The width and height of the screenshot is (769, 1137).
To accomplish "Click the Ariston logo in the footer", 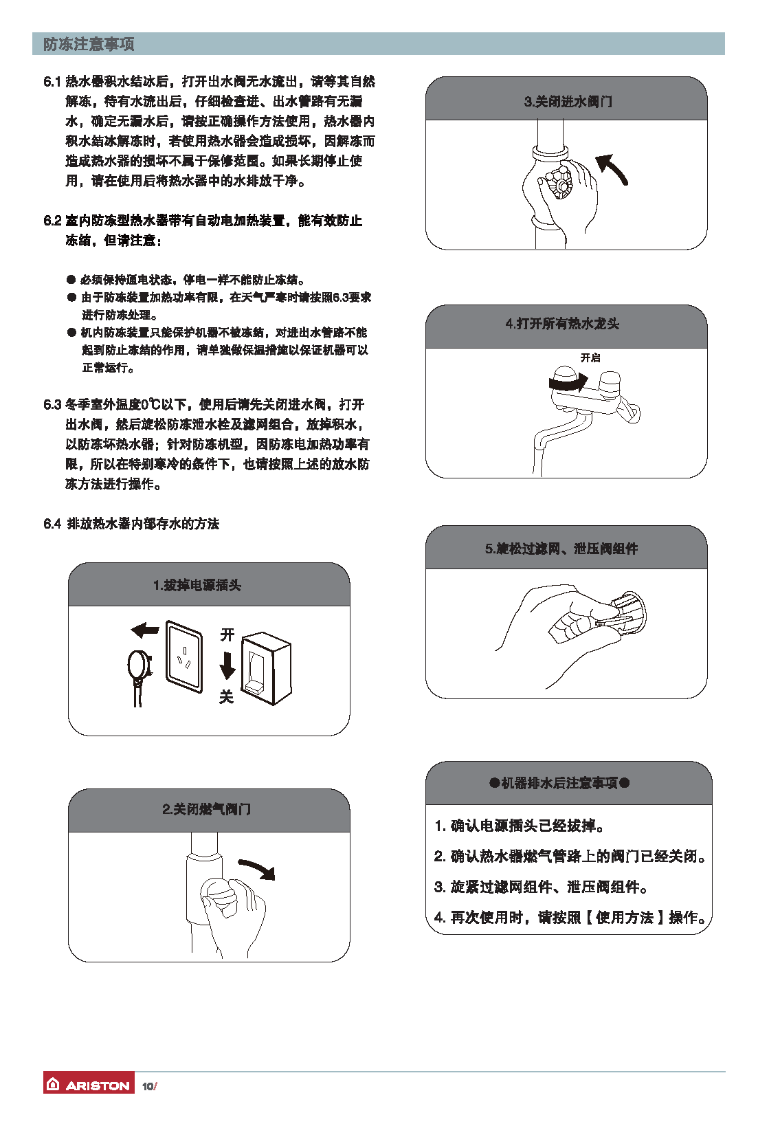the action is tap(89, 1085).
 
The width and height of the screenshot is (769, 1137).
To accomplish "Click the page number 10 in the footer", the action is tap(148, 1086).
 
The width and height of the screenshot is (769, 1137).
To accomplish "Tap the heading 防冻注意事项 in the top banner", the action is tap(89, 44).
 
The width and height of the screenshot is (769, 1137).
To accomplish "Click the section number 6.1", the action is tap(52, 82).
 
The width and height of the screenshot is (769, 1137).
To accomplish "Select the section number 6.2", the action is tap(52, 221).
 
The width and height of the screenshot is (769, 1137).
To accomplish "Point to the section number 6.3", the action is tap(52, 404).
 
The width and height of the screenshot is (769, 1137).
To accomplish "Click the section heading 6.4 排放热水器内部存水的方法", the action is tap(131, 524).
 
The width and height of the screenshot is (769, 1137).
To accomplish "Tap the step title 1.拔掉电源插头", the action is tap(197, 585).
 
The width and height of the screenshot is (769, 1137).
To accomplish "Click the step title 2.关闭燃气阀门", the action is tap(206, 809).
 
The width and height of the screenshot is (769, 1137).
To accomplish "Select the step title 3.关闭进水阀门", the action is tap(568, 102).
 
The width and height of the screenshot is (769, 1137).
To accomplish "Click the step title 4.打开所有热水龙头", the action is tap(562, 324).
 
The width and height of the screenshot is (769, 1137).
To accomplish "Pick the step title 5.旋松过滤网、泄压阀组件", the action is tap(561, 549).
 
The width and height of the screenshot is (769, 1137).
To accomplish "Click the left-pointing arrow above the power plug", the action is tap(145, 630).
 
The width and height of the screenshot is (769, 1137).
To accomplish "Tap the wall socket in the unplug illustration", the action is tap(184, 656).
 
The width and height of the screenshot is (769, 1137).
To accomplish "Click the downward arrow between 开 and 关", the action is tap(227, 665).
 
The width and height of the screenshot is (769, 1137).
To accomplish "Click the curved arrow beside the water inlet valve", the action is tap(612, 167).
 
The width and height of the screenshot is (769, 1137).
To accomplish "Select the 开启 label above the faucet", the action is tap(590, 358).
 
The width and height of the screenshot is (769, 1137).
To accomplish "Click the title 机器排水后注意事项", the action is tap(559, 783).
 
